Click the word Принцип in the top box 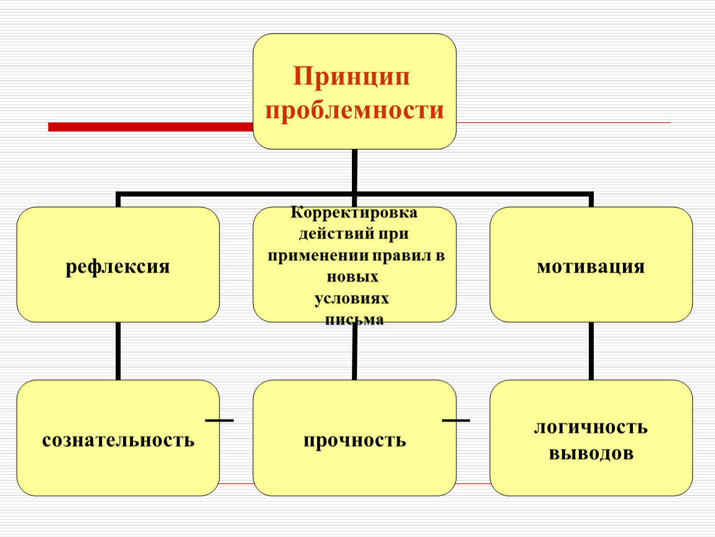click(x=351, y=76)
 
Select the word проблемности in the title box click(x=354, y=110)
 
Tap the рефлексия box click(x=118, y=264)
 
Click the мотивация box click(x=591, y=264)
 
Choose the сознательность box click(x=118, y=438)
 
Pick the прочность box click(x=355, y=438)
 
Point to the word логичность click(x=591, y=427)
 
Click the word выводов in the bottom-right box click(x=591, y=453)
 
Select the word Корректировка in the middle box click(x=354, y=213)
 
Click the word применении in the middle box click(x=318, y=255)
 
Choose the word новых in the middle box click(x=353, y=277)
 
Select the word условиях click(x=351, y=298)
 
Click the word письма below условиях click(x=354, y=319)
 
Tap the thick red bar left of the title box click(x=150, y=127)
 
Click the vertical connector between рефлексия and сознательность click(x=118, y=351)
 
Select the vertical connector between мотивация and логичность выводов click(x=591, y=351)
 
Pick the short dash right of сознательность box click(x=219, y=420)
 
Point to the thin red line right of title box click(x=563, y=122)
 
